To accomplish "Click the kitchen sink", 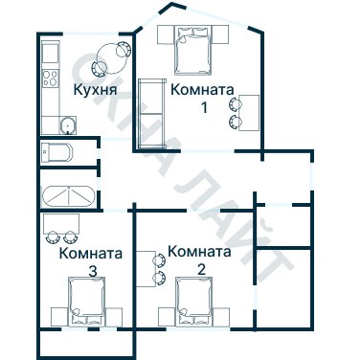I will click(66, 124).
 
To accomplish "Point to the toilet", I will click(56, 152).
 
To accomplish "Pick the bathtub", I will click(68, 194).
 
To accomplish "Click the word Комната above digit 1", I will click(202, 90).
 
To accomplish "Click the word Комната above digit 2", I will click(199, 252).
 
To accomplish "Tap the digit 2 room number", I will click(201, 268).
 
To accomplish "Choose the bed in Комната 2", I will click(194, 302).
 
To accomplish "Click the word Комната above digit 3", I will click(90, 255).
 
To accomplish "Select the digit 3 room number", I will click(92, 271).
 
